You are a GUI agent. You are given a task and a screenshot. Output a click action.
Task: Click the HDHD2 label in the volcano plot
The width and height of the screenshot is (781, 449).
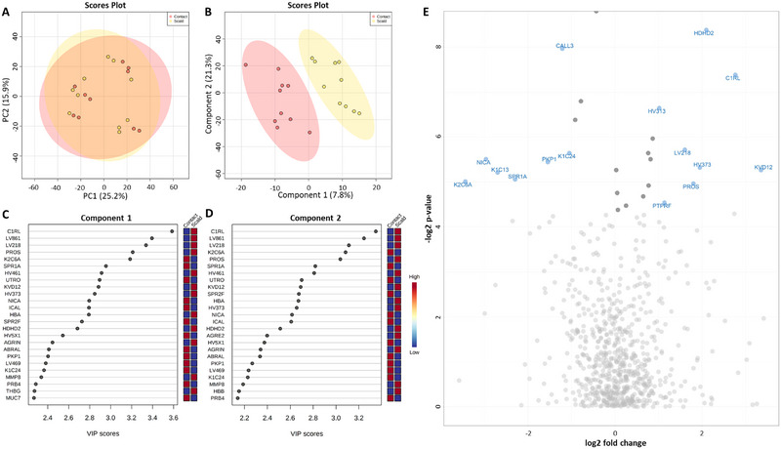tap(703, 33)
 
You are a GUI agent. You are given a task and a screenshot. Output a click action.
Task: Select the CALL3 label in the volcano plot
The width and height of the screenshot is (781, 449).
tap(565, 46)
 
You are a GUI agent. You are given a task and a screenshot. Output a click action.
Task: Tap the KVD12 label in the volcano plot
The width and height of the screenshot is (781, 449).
tap(763, 168)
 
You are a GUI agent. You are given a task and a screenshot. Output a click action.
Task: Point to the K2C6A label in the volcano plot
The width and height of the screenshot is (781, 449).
tap(463, 184)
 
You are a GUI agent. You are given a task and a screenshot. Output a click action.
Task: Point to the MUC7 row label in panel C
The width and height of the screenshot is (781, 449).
tap(14, 397)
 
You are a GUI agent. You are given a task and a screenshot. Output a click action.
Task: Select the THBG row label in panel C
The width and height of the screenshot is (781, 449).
tap(14, 390)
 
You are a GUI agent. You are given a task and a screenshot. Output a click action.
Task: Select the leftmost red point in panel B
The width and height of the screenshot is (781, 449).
tap(245, 64)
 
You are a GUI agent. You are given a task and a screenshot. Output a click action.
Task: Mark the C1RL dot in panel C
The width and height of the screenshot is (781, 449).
tap(172, 230)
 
